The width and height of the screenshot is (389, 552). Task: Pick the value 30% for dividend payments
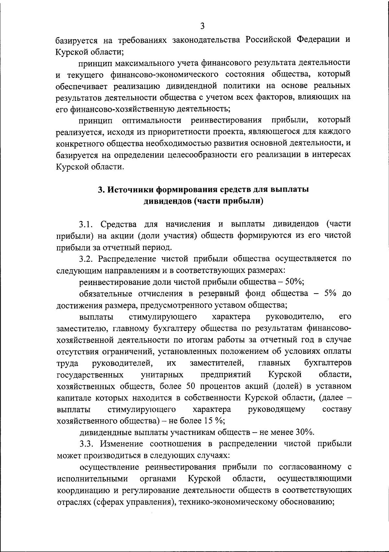(304, 432)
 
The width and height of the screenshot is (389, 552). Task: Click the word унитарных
(162, 375)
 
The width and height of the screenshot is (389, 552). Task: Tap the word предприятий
(226, 375)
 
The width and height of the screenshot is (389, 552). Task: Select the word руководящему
(277, 409)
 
